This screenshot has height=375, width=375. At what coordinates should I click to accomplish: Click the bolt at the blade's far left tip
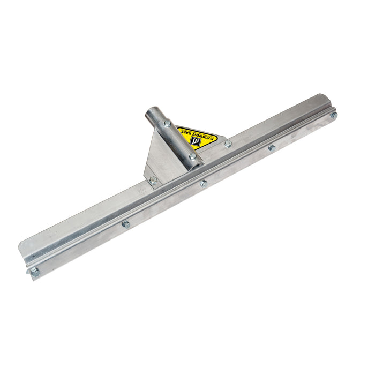[35, 272]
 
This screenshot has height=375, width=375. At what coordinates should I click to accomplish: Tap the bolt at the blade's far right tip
[333, 115]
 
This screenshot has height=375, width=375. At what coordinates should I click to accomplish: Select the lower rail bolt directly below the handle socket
[204, 183]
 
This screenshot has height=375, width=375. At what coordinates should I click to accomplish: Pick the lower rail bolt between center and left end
[126, 224]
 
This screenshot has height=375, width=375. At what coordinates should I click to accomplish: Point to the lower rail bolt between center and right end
[272, 147]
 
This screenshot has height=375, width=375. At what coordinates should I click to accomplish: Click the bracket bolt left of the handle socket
[153, 180]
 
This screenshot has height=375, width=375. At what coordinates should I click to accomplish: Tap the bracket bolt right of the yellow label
[228, 144]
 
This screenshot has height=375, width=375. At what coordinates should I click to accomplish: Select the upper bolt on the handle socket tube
[167, 123]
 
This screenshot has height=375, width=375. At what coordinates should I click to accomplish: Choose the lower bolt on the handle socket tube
[192, 156]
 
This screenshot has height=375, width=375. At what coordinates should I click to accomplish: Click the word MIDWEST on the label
[207, 138]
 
